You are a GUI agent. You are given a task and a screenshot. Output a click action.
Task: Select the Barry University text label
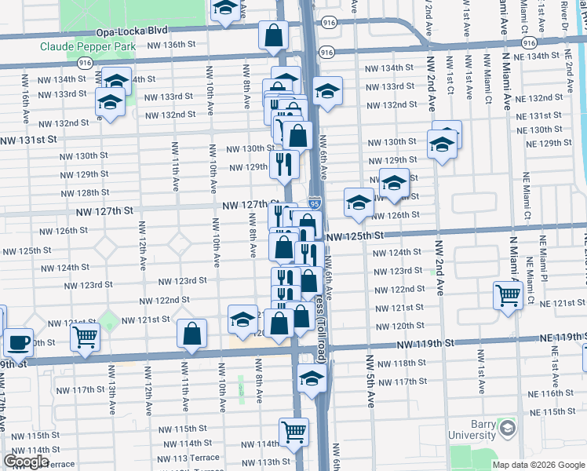(472, 429)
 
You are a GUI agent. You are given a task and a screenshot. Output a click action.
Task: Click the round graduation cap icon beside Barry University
(508, 429)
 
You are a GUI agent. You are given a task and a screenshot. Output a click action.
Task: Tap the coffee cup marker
(18, 341)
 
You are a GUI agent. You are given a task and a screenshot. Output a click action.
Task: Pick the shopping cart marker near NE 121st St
(508, 295)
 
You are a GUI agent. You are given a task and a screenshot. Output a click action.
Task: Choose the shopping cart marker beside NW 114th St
(293, 431)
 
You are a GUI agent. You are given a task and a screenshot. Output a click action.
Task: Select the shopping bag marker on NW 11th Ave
(192, 333)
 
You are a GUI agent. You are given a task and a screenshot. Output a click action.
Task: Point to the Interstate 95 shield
(314, 203)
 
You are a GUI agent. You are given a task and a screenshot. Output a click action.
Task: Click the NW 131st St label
(29, 139)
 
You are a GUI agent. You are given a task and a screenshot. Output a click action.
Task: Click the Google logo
(26, 462)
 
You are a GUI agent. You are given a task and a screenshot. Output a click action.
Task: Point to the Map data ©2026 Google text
(538, 465)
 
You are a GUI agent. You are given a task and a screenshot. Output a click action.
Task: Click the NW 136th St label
(170, 45)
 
